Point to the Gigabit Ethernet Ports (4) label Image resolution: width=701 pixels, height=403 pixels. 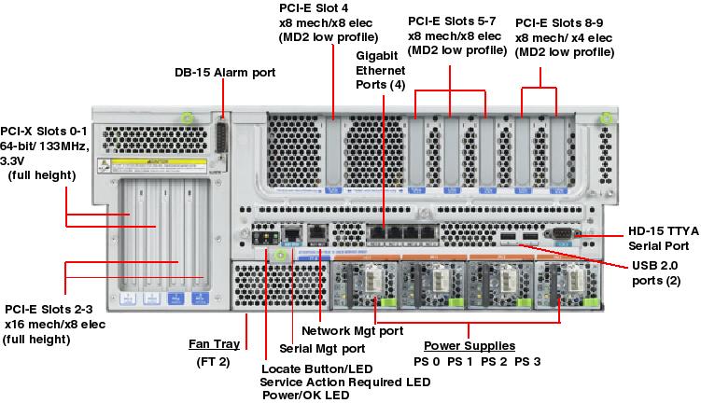click(x=381, y=70)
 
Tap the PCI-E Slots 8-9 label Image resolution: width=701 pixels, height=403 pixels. click(x=559, y=21)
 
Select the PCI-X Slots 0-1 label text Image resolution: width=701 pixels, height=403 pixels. click(x=44, y=132)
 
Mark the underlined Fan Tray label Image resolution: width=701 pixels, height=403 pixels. click(x=214, y=343)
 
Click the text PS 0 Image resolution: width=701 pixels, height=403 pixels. click(x=428, y=361)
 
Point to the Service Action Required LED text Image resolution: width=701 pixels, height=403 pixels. click(x=344, y=382)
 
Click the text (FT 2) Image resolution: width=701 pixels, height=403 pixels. click(x=214, y=361)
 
